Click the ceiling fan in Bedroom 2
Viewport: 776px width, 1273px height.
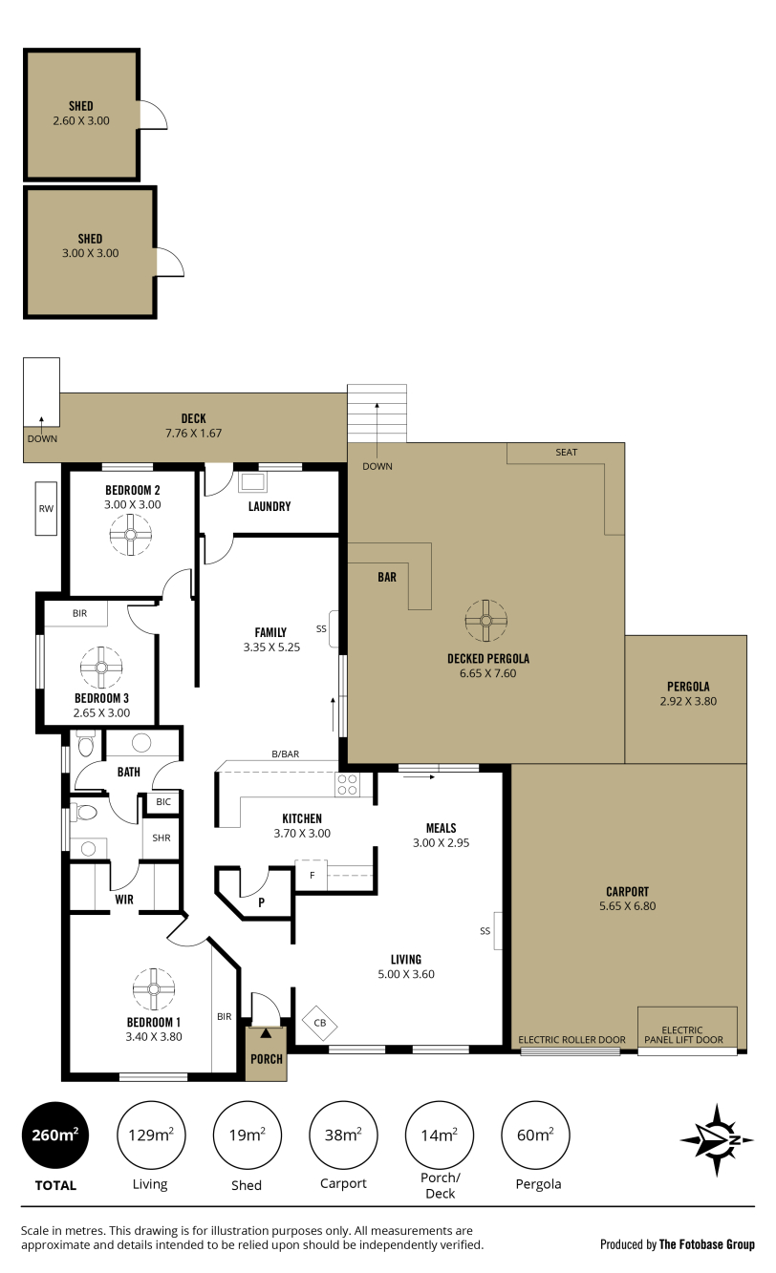point(131,535)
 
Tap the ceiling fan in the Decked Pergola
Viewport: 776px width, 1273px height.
point(485,621)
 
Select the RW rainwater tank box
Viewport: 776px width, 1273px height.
point(46,509)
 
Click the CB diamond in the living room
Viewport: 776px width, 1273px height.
point(320,1023)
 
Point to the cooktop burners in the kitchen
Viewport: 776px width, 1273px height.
point(347,785)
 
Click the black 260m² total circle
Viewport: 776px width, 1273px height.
point(55,1135)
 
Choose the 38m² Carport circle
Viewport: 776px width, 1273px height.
point(343,1135)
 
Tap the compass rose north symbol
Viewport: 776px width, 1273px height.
point(717,1140)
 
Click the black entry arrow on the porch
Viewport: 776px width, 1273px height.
point(266,1033)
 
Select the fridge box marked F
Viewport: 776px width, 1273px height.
point(312,876)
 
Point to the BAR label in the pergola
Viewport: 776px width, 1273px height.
point(387,578)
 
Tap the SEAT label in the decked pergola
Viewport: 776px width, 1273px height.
point(566,453)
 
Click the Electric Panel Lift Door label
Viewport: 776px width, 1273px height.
point(683,1034)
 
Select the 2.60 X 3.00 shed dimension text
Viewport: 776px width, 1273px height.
point(81,120)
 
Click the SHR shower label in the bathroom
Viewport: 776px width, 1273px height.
point(162,838)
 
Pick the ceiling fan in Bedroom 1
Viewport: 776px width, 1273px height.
point(154,988)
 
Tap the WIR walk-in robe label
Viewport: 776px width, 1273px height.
point(124,900)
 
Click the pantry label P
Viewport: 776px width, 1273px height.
point(262,902)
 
